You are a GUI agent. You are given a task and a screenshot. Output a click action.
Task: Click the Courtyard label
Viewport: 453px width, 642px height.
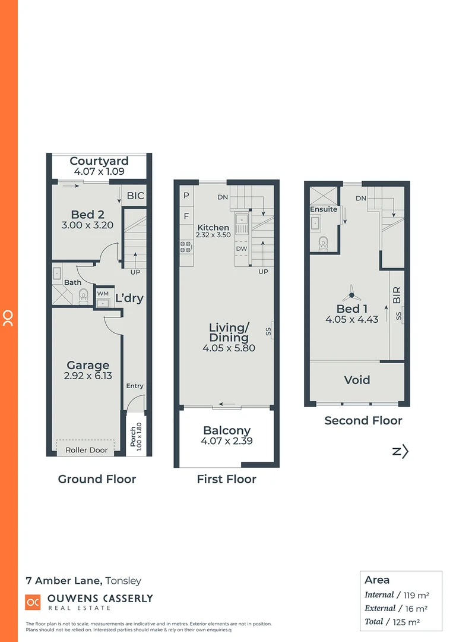point(99,161)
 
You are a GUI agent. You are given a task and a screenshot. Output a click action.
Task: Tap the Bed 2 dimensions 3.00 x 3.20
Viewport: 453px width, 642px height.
point(87,225)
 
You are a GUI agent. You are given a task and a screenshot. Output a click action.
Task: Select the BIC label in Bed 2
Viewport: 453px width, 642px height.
point(136,196)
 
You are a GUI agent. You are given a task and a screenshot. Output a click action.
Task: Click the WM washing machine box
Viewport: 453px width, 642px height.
point(103,294)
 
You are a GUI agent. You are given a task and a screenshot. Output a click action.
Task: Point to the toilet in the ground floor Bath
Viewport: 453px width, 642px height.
point(84,295)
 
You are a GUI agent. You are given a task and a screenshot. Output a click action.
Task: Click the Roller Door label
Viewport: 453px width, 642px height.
point(87,450)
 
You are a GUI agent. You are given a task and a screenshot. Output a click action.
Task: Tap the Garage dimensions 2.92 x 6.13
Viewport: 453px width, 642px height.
point(87,376)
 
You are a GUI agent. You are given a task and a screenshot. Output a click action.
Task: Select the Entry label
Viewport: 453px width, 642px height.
point(135,386)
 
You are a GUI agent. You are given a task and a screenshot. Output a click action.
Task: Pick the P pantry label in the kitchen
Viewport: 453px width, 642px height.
point(186,195)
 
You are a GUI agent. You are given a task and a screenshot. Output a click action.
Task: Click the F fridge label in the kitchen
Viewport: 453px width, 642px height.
point(186,216)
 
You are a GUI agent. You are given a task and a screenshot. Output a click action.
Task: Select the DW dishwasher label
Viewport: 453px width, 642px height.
point(241,248)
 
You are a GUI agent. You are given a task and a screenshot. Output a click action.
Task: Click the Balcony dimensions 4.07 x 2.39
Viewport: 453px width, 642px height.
point(227,441)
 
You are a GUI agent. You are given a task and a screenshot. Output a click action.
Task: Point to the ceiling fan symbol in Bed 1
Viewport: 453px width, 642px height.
point(351,293)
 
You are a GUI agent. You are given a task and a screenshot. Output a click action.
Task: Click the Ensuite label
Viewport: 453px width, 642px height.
point(324,209)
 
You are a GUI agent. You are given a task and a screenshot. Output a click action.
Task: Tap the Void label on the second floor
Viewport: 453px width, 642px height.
point(357,380)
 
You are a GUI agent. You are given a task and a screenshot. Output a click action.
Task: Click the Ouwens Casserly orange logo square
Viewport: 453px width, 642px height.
point(33,602)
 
